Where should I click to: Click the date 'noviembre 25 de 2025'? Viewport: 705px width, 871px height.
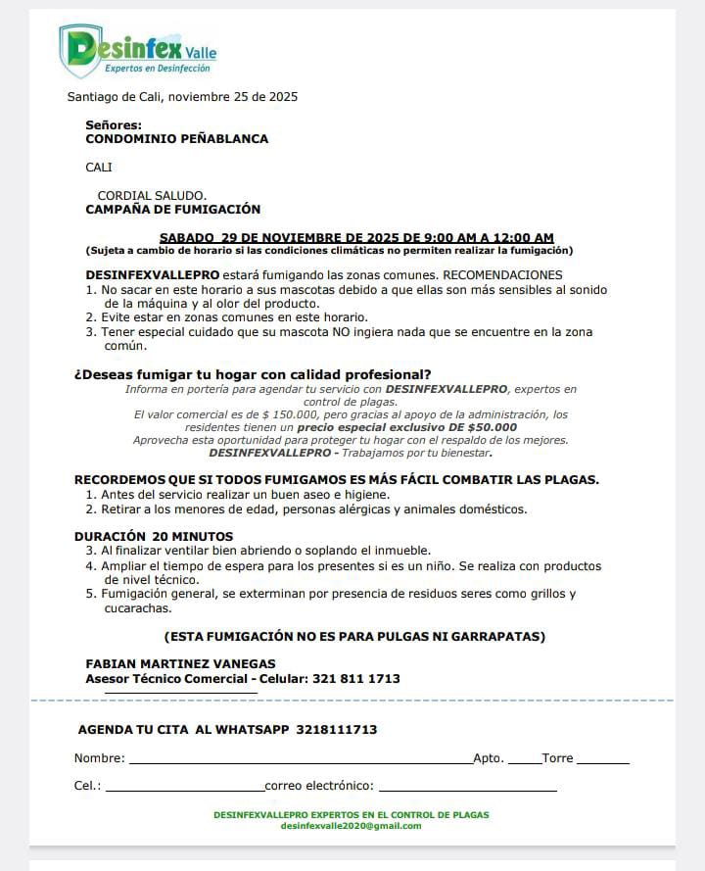(x=234, y=97)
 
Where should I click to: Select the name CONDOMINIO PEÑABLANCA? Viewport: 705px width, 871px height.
(x=177, y=139)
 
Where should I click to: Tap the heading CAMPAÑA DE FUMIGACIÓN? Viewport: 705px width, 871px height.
(x=173, y=209)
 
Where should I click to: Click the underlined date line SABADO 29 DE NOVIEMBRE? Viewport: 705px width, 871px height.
(x=356, y=237)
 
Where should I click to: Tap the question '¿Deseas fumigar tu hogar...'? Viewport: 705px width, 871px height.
(x=253, y=375)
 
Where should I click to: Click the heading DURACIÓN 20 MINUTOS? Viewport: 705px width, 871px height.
(x=154, y=536)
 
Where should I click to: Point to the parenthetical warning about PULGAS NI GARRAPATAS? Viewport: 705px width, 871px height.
(x=354, y=636)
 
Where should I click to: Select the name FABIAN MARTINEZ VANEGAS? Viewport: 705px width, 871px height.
(x=181, y=663)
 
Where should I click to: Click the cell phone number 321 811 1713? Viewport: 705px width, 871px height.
(x=356, y=679)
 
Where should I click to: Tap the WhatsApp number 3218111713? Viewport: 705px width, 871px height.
(x=336, y=730)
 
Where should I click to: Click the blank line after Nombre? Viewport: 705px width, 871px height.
(x=300, y=759)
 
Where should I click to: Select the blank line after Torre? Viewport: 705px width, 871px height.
(x=602, y=759)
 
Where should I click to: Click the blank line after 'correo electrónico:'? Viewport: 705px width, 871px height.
(x=467, y=787)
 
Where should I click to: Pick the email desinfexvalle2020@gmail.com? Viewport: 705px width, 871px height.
(x=351, y=826)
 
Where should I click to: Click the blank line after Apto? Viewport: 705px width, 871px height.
(x=524, y=759)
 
